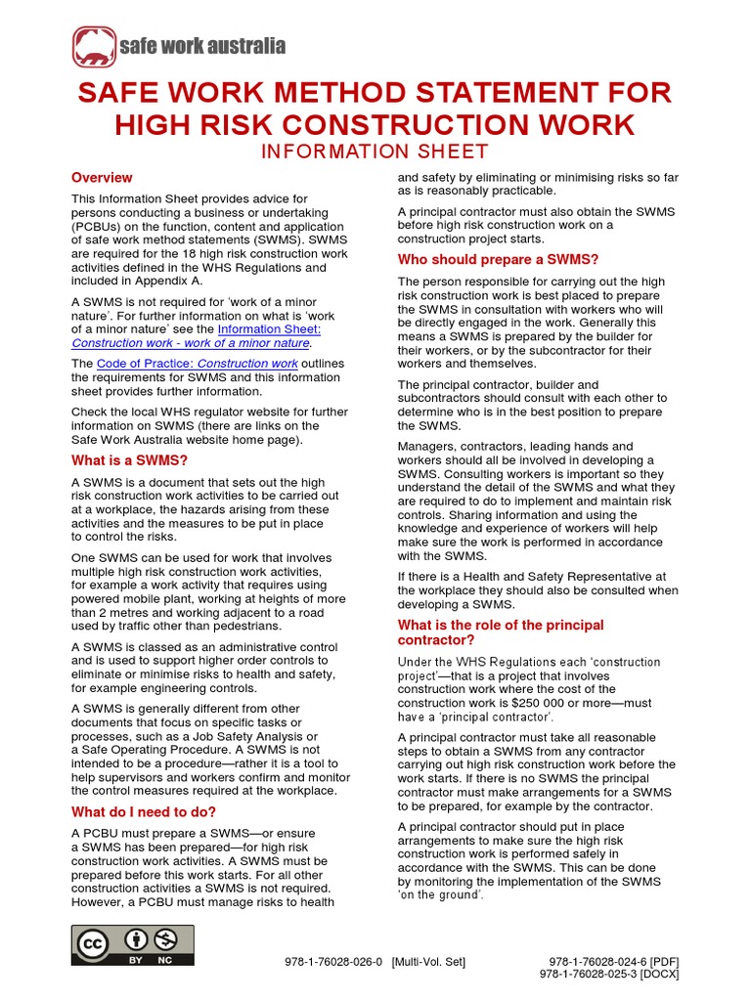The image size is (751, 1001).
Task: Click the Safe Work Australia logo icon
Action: pos(93,46)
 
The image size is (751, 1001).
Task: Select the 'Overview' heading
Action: pos(102,178)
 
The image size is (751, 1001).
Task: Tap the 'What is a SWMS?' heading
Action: pos(129,460)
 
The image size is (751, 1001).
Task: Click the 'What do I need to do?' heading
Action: pos(144,811)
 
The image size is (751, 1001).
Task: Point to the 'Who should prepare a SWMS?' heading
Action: pos(498,259)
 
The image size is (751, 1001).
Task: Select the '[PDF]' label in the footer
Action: pos(664,962)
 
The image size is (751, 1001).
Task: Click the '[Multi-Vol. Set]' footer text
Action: pos(428,962)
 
